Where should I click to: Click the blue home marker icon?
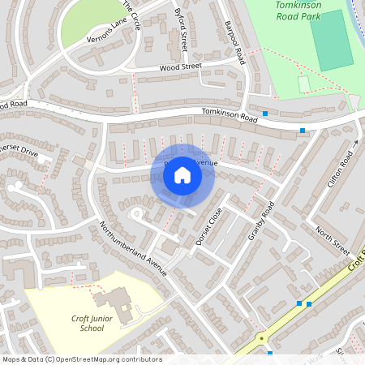182,175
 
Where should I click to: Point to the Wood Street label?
180,68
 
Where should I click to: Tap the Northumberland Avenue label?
133,248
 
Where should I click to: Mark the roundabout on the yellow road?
261,337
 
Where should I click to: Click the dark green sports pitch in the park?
331,41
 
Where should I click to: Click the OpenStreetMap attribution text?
82,359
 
